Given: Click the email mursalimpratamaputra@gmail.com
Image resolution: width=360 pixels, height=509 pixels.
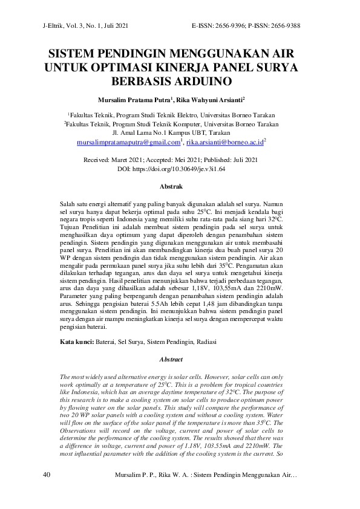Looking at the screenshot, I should coord(129,143).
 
